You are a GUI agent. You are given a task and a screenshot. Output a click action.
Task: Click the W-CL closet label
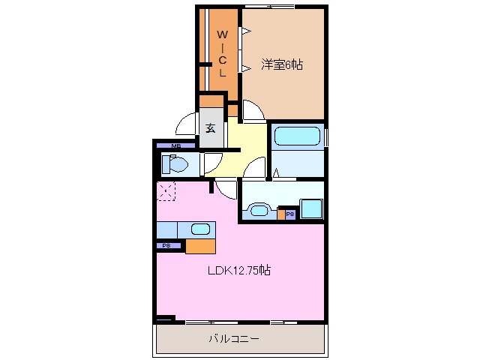[223, 53]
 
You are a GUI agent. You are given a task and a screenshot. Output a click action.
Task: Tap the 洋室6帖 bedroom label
[281, 65]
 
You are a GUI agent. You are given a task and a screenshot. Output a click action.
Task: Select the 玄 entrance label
[211, 128]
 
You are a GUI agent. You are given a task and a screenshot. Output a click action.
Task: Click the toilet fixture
[173, 163]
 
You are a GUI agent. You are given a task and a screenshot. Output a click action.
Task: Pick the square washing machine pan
[311, 208]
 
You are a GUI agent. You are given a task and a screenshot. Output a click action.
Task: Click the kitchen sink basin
[200, 229]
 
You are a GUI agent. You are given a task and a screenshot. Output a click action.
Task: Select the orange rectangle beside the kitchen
[200, 245]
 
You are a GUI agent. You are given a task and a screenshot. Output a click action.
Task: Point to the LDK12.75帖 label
[239, 271]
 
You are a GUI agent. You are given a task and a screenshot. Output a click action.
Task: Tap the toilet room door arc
[212, 161]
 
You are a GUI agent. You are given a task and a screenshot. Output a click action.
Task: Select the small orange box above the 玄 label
[211, 101]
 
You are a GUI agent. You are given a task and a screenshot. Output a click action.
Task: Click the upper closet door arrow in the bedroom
[245, 31]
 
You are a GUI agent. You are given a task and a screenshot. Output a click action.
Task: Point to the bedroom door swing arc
[253, 110]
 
